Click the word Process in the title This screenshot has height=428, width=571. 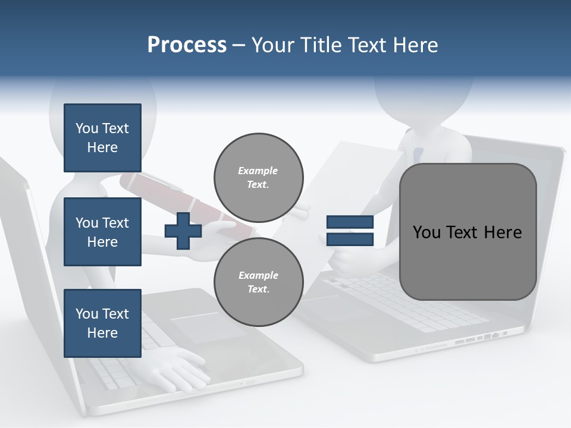(x=187, y=45)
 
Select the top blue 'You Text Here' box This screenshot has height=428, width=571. (x=102, y=138)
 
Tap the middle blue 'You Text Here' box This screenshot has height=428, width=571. (x=102, y=232)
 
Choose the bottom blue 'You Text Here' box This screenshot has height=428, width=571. (x=102, y=323)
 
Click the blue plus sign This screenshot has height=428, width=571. (x=183, y=231)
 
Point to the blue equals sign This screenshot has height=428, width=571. (x=350, y=231)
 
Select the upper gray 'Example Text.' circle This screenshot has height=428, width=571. (x=258, y=178)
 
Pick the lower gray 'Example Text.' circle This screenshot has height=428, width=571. (x=258, y=282)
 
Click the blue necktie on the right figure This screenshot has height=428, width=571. (x=418, y=155)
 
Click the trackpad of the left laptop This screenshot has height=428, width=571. (x=208, y=327)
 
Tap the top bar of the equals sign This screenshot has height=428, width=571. (x=350, y=222)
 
